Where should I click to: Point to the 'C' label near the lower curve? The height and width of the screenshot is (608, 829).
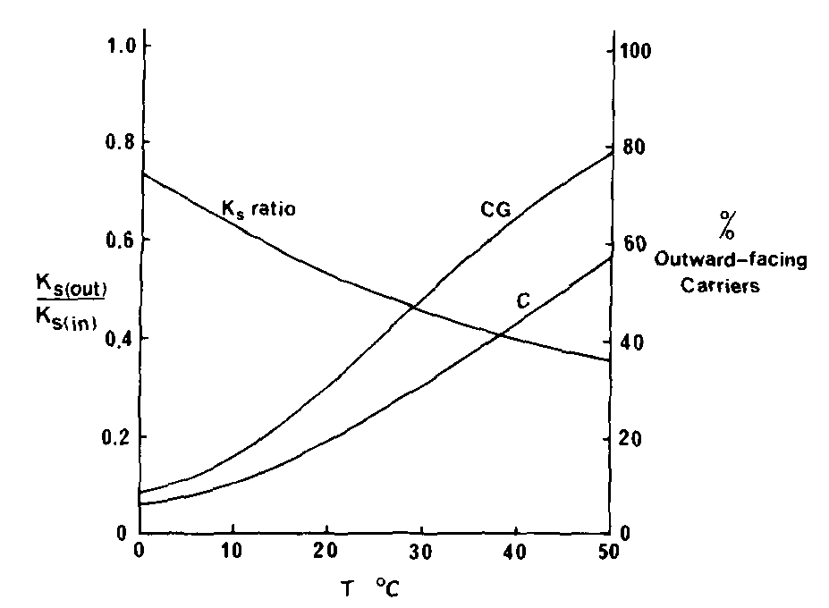tap(524, 302)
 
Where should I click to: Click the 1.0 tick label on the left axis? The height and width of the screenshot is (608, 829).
tap(111, 45)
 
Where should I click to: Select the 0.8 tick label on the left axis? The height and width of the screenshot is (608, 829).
tap(111, 143)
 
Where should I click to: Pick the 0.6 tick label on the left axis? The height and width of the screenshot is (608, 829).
tap(111, 241)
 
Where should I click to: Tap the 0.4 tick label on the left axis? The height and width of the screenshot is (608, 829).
tap(111, 339)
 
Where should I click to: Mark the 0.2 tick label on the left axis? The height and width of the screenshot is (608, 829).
tap(111, 437)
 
